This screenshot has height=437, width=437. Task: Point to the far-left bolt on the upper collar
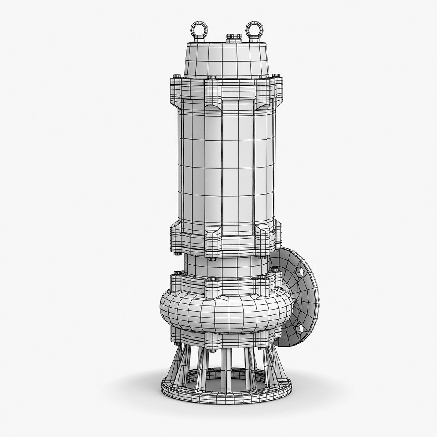(175, 76)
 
